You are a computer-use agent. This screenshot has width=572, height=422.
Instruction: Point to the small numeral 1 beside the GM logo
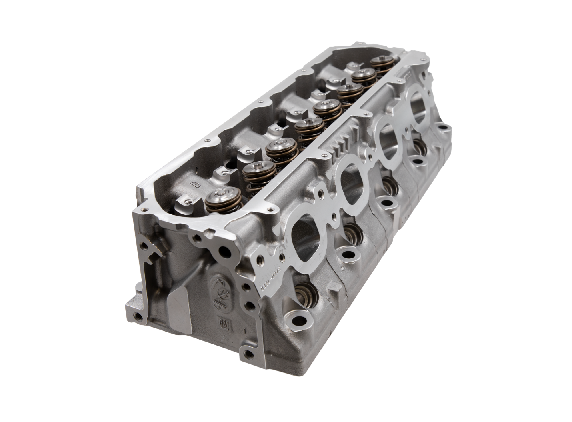click(x=244, y=332)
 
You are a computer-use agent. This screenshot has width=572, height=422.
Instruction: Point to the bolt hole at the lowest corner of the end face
click(x=248, y=354)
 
